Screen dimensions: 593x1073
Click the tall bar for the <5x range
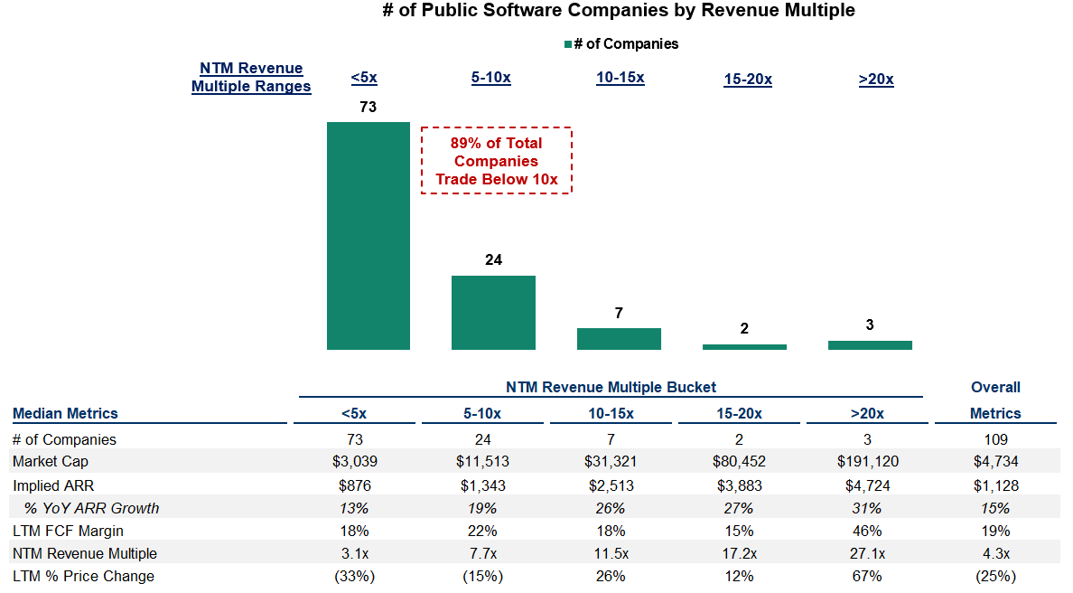(368, 235)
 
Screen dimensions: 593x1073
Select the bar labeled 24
(493, 312)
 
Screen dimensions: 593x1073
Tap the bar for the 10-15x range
(619, 338)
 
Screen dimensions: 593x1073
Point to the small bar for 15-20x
(744, 346)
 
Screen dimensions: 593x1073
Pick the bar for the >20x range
(870, 344)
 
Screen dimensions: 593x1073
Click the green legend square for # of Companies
(568, 44)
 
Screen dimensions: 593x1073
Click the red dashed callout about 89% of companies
(497, 161)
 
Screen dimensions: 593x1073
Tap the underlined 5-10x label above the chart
(491, 78)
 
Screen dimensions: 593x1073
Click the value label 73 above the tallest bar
(368, 107)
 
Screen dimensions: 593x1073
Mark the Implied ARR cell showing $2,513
(611, 485)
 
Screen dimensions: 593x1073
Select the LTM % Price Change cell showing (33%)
(354, 576)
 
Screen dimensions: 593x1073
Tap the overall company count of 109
(996, 439)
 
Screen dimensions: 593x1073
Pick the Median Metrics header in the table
(65, 413)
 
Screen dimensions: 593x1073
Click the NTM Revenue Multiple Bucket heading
(611, 387)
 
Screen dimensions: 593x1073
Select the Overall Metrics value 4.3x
(996, 553)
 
